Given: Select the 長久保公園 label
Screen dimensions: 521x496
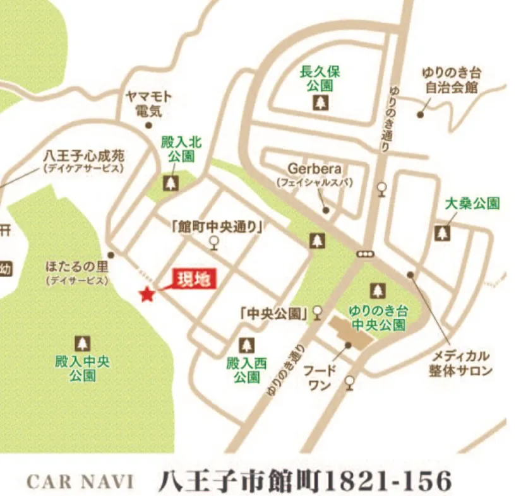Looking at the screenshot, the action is click(321, 78).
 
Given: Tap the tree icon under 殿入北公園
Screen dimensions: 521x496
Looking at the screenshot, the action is click(171, 182).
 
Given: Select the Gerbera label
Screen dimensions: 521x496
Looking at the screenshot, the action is click(314, 169).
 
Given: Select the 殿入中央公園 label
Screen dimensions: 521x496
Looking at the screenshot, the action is click(82, 369).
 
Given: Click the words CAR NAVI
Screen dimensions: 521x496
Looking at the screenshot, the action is click(80, 481).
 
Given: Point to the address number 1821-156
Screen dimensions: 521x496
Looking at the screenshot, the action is click(388, 481).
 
